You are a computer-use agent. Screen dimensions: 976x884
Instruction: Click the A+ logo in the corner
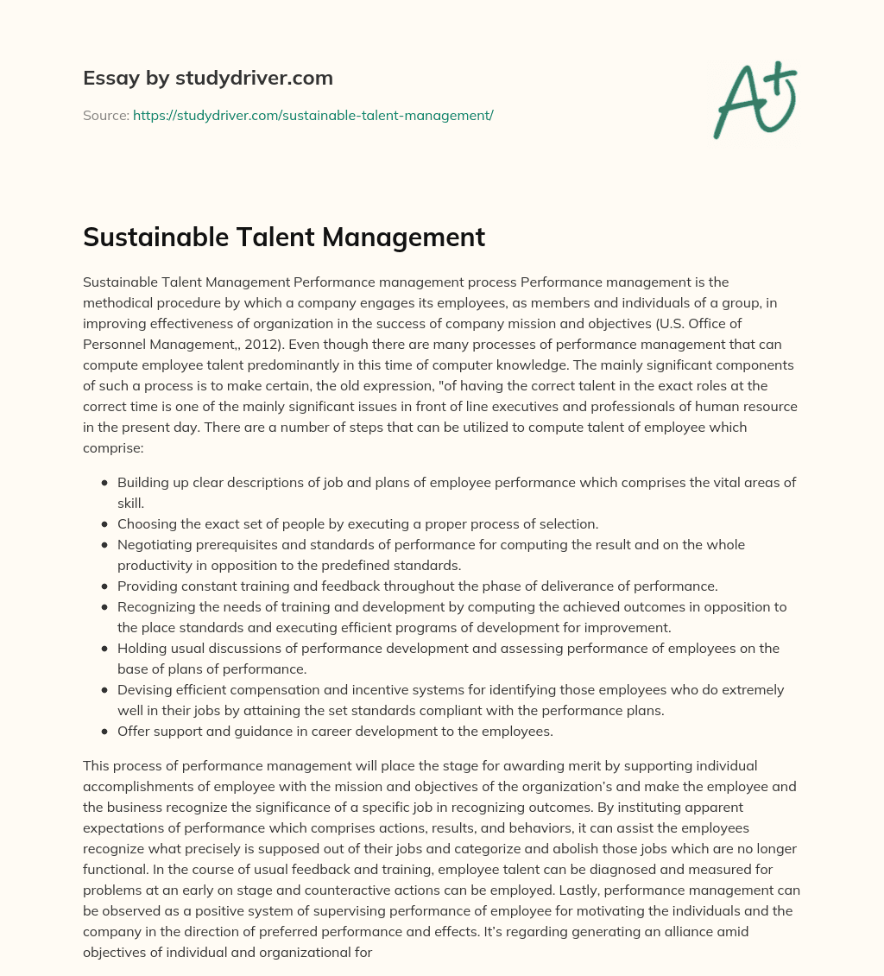[x=755, y=99]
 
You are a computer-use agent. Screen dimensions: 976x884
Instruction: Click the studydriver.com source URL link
[x=313, y=115]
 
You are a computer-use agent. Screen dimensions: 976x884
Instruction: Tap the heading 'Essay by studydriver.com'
[x=208, y=78]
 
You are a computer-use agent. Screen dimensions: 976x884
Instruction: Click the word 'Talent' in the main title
[x=262, y=237]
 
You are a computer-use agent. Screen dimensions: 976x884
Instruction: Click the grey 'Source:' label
[x=105, y=115]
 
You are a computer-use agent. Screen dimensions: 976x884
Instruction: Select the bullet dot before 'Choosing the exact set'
[x=104, y=524]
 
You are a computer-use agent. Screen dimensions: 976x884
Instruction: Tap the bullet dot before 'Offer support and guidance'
[x=104, y=731]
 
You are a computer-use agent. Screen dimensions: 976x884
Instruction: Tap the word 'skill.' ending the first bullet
[x=130, y=503]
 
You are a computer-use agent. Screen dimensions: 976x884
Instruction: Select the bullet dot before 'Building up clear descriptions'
[x=104, y=483]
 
